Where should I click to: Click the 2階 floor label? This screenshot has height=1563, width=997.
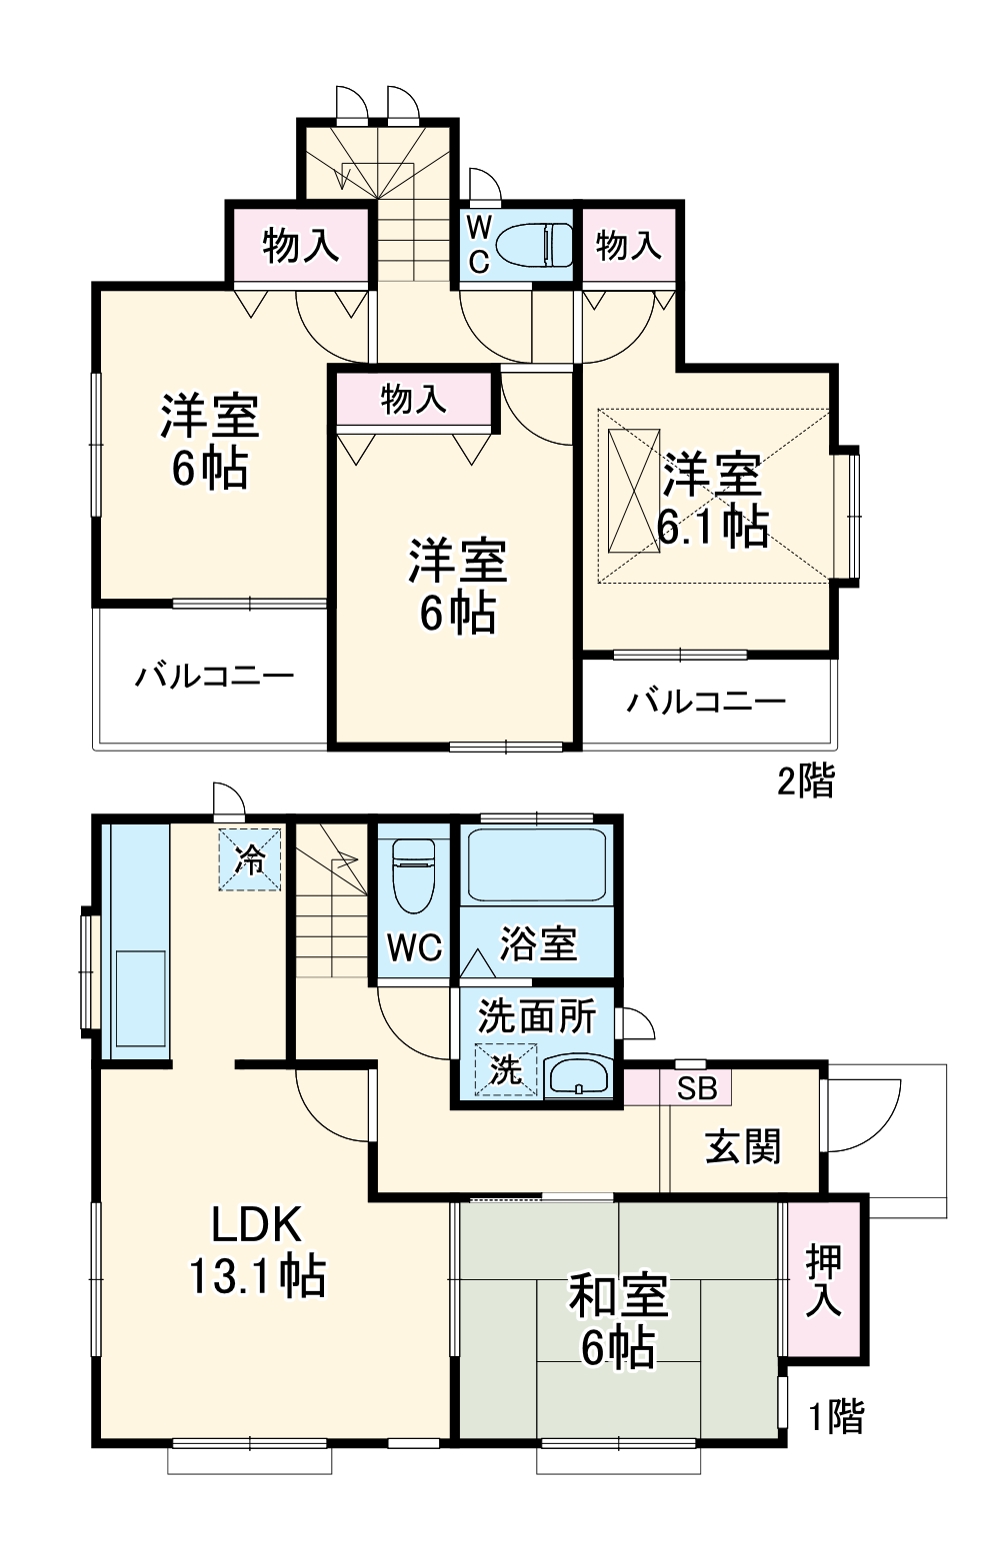tap(806, 781)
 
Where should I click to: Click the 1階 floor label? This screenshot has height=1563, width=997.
tap(835, 1416)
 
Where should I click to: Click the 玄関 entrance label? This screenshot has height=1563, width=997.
tap(743, 1147)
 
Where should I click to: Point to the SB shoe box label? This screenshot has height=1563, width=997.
tap(697, 1088)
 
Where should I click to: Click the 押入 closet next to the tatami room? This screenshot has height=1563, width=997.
tap(824, 1280)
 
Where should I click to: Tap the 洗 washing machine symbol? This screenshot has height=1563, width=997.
tap(506, 1070)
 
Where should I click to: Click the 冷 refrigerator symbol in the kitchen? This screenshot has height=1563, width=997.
tap(250, 858)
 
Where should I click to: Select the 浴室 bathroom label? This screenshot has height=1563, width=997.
tap(538, 943)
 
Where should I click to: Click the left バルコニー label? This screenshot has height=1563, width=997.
tap(215, 677)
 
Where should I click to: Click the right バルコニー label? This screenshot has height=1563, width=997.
tap(706, 702)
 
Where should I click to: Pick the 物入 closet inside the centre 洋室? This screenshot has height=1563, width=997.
tap(414, 400)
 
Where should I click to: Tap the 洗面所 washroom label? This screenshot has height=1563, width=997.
tap(537, 1015)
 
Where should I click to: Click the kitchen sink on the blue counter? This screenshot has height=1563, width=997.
tap(140, 997)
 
